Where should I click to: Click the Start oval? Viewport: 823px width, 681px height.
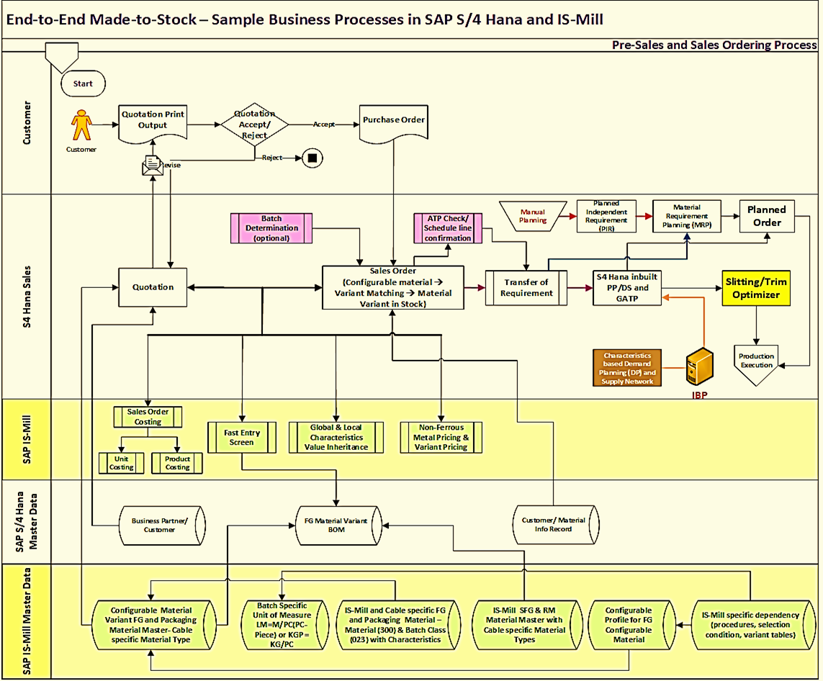pyautogui.click(x=83, y=84)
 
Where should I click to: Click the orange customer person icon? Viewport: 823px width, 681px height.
pyautogui.click(x=81, y=127)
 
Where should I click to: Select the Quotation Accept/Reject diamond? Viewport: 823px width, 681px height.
pyautogui.click(x=254, y=125)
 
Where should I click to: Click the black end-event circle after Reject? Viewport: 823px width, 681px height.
pyautogui.click(x=312, y=157)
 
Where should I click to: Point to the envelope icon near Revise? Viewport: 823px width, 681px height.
pyautogui.click(x=152, y=166)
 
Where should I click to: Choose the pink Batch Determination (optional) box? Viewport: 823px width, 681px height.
pyautogui.click(x=271, y=227)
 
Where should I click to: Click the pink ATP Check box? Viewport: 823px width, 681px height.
pyautogui.click(x=447, y=227)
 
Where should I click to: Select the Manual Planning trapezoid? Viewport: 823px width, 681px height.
pyautogui.click(x=533, y=216)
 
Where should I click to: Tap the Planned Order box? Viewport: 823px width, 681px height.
pyautogui.click(x=767, y=216)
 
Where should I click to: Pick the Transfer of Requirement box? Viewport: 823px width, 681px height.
pyautogui.click(x=526, y=287)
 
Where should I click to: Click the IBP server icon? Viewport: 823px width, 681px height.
pyautogui.click(x=698, y=367)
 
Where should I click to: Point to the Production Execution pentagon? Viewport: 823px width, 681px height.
pyautogui.click(x=756, y=359)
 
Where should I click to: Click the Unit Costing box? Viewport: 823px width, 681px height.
pyautogui.click(x=121, y=463)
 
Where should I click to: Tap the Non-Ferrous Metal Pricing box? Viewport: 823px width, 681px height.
pyautogui.click(x=441, y=437)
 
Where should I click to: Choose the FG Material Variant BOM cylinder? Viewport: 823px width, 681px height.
pyautogui.click(x=336, y=525)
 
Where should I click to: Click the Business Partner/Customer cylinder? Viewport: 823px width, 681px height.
pyautogui.click(x=159, y=525)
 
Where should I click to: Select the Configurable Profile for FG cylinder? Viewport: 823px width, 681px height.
pyautogui.click(x=629, y=624)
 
